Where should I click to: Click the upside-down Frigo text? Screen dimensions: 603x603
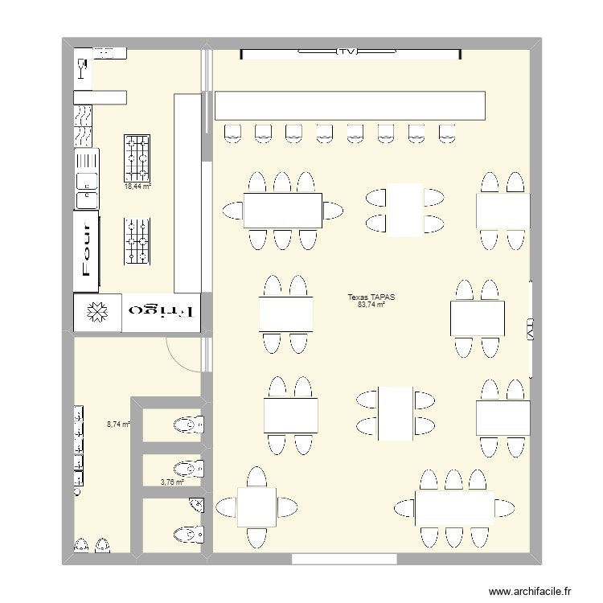pyautogui.click(x=162, y=311)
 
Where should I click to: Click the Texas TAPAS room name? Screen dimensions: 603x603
pyautogui.click(x=371, y=297)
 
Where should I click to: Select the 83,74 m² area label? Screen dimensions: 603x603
pyautogui.click(x=371, y=305)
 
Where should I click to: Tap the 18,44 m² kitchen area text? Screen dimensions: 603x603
pyautogui.click(x=137, y=186)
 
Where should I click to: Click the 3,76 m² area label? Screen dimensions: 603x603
pyautogui.click(x=172, y=482)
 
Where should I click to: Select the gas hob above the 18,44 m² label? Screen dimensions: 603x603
pyautogui.click(x=137, y=157)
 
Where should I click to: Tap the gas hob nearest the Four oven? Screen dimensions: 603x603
pyautogui.click(x=137, y=241)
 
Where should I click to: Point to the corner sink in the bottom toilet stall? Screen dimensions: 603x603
pyautogui.click(x=197, y=505)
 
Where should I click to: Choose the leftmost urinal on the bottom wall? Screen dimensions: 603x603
pyautogui.click(x=81, y=547)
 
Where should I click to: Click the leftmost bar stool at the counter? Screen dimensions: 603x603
pyautogui.click(x=232, y=133)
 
